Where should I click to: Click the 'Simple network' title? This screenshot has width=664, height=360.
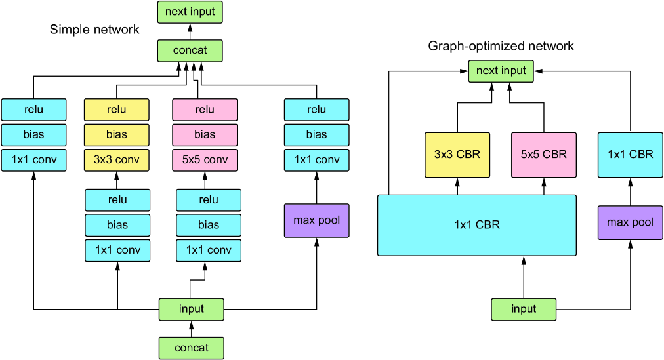pyautogui.click(x=94, y=30)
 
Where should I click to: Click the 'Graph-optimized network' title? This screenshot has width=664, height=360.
pyautogui.click(x=501, y=46)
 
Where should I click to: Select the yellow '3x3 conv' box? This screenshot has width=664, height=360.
pyautogui.click(x=116, y=160)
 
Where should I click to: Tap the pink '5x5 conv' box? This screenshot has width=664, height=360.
pyautogui.click(x=205, y=160)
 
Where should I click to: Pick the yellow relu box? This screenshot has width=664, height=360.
pyautogui.click(x=116, y=110)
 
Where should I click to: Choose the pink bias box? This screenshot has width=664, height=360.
pyautogui.click(x=205, y=135)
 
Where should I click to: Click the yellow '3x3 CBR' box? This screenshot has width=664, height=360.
pyautogui.click(x=457, y=155)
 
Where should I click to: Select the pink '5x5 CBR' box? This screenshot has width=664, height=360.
pyautogui.click(x=544, y=155)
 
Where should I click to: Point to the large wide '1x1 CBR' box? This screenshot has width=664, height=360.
pyautogui.click(x=477, y=226)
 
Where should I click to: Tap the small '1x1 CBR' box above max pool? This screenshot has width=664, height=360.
pyautogui.click(x=630, y=155)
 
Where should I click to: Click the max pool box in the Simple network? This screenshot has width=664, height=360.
pyautogui.click(x=317, y=220)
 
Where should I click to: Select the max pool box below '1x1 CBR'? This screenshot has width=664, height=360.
pyautogui.click(x=630, y=222)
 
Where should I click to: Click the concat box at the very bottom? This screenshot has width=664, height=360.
pyautogui.click(x=192, y=348)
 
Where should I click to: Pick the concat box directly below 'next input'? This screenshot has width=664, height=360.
pyautogui.click(x=190, y=50)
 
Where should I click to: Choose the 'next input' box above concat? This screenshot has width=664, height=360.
pyautogui.click(x=190, y=12)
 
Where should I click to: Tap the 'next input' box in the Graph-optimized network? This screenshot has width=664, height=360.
pyautogui.click(x=501, y=71)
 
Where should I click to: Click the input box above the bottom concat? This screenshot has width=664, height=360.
pyautogui.click(x=192, y=310)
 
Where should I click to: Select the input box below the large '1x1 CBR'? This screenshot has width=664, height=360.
pyautogui.click(x=524, y=310)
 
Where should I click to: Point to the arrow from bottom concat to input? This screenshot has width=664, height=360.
pyautogui.click(x=192, y=329)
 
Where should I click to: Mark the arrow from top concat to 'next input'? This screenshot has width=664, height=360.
pyautogui.click(x=190, y=31)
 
